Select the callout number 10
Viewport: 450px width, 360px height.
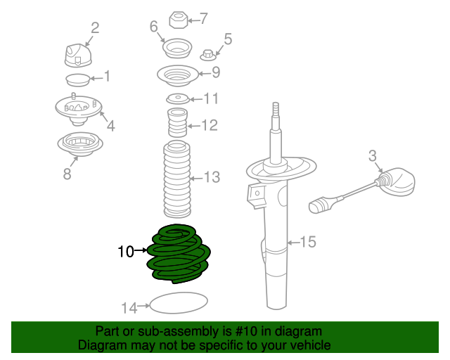click(125, 251)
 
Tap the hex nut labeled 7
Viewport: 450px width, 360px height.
click(177, 18)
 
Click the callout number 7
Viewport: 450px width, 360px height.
click(203, 19)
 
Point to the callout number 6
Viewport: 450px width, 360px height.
click(154, 27)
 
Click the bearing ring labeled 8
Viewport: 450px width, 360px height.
click(79, 145)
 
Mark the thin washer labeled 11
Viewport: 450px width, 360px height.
click(177, 98)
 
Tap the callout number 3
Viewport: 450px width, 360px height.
click(373, 155)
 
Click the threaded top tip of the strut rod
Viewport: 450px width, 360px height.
click(276, 109)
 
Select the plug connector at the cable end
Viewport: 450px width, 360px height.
click(319, 206)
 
